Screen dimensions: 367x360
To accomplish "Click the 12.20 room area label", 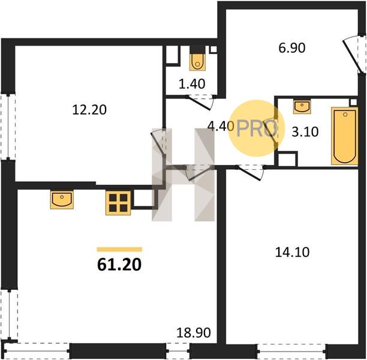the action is pyautogui.click(x=89, y=110).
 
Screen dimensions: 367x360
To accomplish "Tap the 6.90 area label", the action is pyautogui.click(x=292, y=48).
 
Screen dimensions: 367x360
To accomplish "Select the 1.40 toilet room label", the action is pyautogui.click(x=192, y=84).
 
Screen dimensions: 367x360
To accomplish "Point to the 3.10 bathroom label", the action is pyautogui.click(x=305, y=131).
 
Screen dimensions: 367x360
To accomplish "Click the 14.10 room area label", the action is pyautogui.click(x=292, y=252).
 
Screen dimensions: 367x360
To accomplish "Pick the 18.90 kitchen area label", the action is pyautogui.click(x=194, y=332).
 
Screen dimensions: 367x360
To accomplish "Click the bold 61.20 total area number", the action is pyautogui.click(x=119, y=265).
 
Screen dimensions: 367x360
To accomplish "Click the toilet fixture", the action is pyautogui.click(x=197, y=62).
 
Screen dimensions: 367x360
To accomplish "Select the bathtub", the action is pyautogui.click(x=345, y=136).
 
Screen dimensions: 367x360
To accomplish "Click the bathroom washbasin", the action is pyautogui.click(x=302, y=107).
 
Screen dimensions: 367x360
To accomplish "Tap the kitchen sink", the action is pyautogui.click(x=62, y=199).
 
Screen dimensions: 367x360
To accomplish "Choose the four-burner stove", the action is pyautogui.click(x=118, y=203).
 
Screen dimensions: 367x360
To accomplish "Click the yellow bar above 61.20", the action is pyautogui.click(x=119, y=249).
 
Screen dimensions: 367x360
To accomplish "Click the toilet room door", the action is pyautogui.click(x=200, y=102).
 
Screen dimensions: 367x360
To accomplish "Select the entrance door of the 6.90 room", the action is pyautogui.click(x=354, y=55).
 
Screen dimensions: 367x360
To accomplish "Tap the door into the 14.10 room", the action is pyautogui.click(x=250, y=173).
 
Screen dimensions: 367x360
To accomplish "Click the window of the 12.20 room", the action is pyautogui.click(x=8, y=127).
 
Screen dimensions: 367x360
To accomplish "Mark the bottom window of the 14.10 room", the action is pyautogui.click(x=291, y=351).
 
